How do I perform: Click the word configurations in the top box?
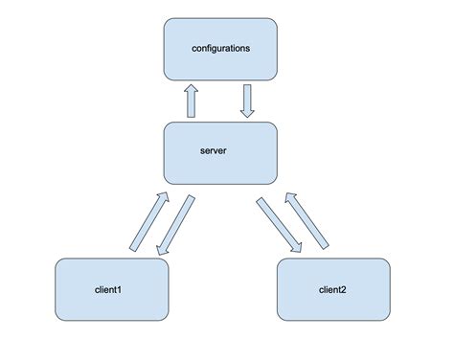[x=220, y=47]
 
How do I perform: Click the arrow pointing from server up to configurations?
[x=191, y=101]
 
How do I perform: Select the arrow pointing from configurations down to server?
[x=247, y=101]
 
